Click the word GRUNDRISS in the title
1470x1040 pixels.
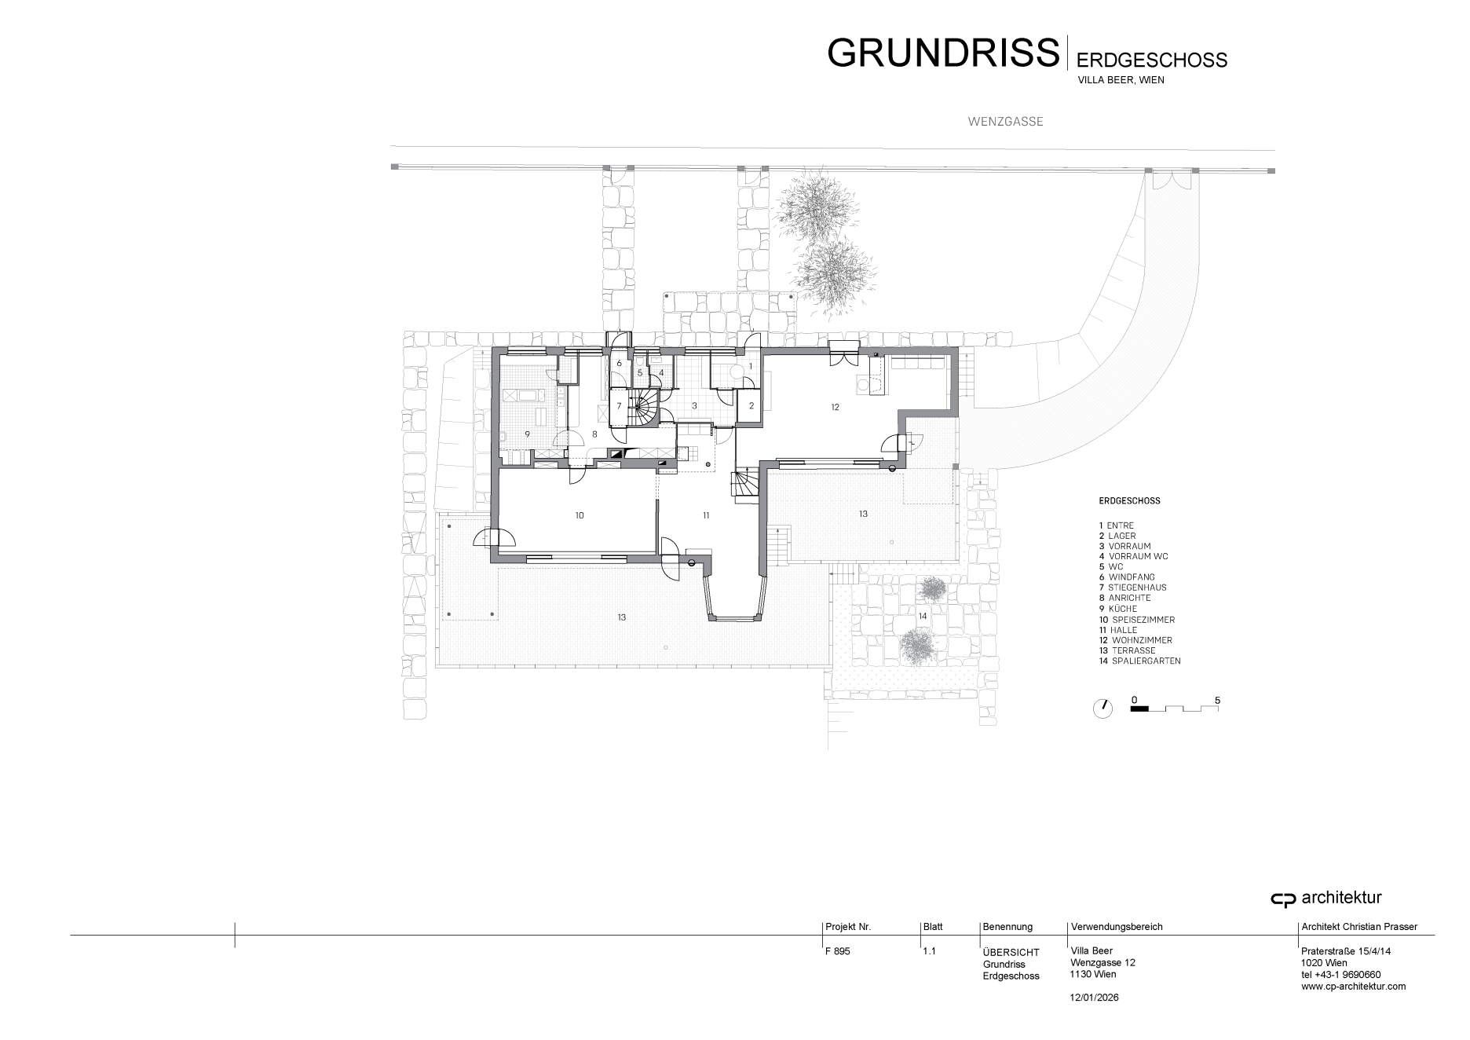coord(943,52)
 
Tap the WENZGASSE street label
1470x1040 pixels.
coord(1005,122)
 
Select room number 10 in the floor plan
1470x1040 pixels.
coord(580,515)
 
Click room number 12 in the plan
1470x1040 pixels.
coord(836,407)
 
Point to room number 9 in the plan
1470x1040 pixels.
coord(528,434)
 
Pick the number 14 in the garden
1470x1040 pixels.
coord(923,616)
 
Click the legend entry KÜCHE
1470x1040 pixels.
coord(1119,609)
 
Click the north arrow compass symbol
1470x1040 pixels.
coord(1102,708)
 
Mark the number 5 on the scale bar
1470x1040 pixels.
coord(1217,700)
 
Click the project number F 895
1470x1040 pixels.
coord(838,951)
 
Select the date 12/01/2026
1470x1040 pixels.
coord(1095,998)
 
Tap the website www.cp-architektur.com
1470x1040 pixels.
coord(1354,987)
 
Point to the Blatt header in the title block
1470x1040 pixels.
coord(933,927)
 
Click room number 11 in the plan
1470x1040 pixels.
coord(706,515)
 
